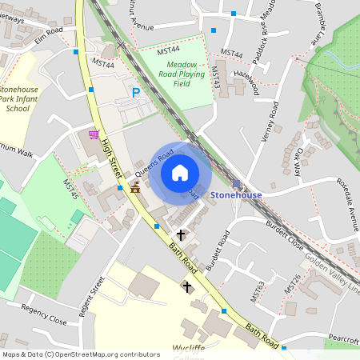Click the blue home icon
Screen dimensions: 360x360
click(x=180, y=173)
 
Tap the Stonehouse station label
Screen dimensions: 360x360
click(x=236, y=194)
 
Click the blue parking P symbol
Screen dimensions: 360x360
click(x=136, y=94)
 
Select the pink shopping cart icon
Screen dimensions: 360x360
click(x=94, y=134)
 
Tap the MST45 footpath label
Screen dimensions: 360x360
click(x=70, y=190)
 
